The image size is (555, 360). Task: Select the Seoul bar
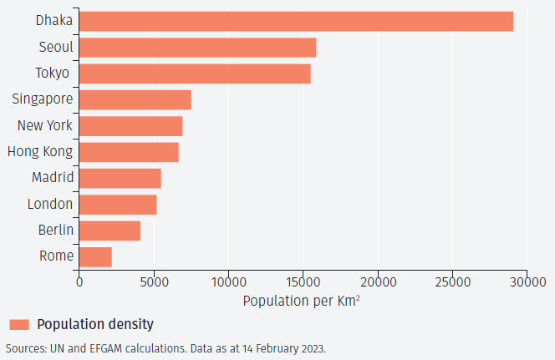(197, 48)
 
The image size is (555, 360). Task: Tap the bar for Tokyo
(195, 74)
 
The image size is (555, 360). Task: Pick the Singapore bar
(135, 99)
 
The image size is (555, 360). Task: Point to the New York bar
(130, 126)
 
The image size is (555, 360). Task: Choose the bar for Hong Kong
(129, 152)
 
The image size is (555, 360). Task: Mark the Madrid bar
(120, 178)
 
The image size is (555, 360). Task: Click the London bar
(118, 204)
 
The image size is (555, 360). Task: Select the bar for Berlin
(109, 230)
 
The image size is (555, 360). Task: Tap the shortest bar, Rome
(95, 256)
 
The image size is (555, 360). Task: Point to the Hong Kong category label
(39, 152)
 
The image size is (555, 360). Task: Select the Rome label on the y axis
(56, 256)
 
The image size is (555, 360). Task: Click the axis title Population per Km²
(302, 300)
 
